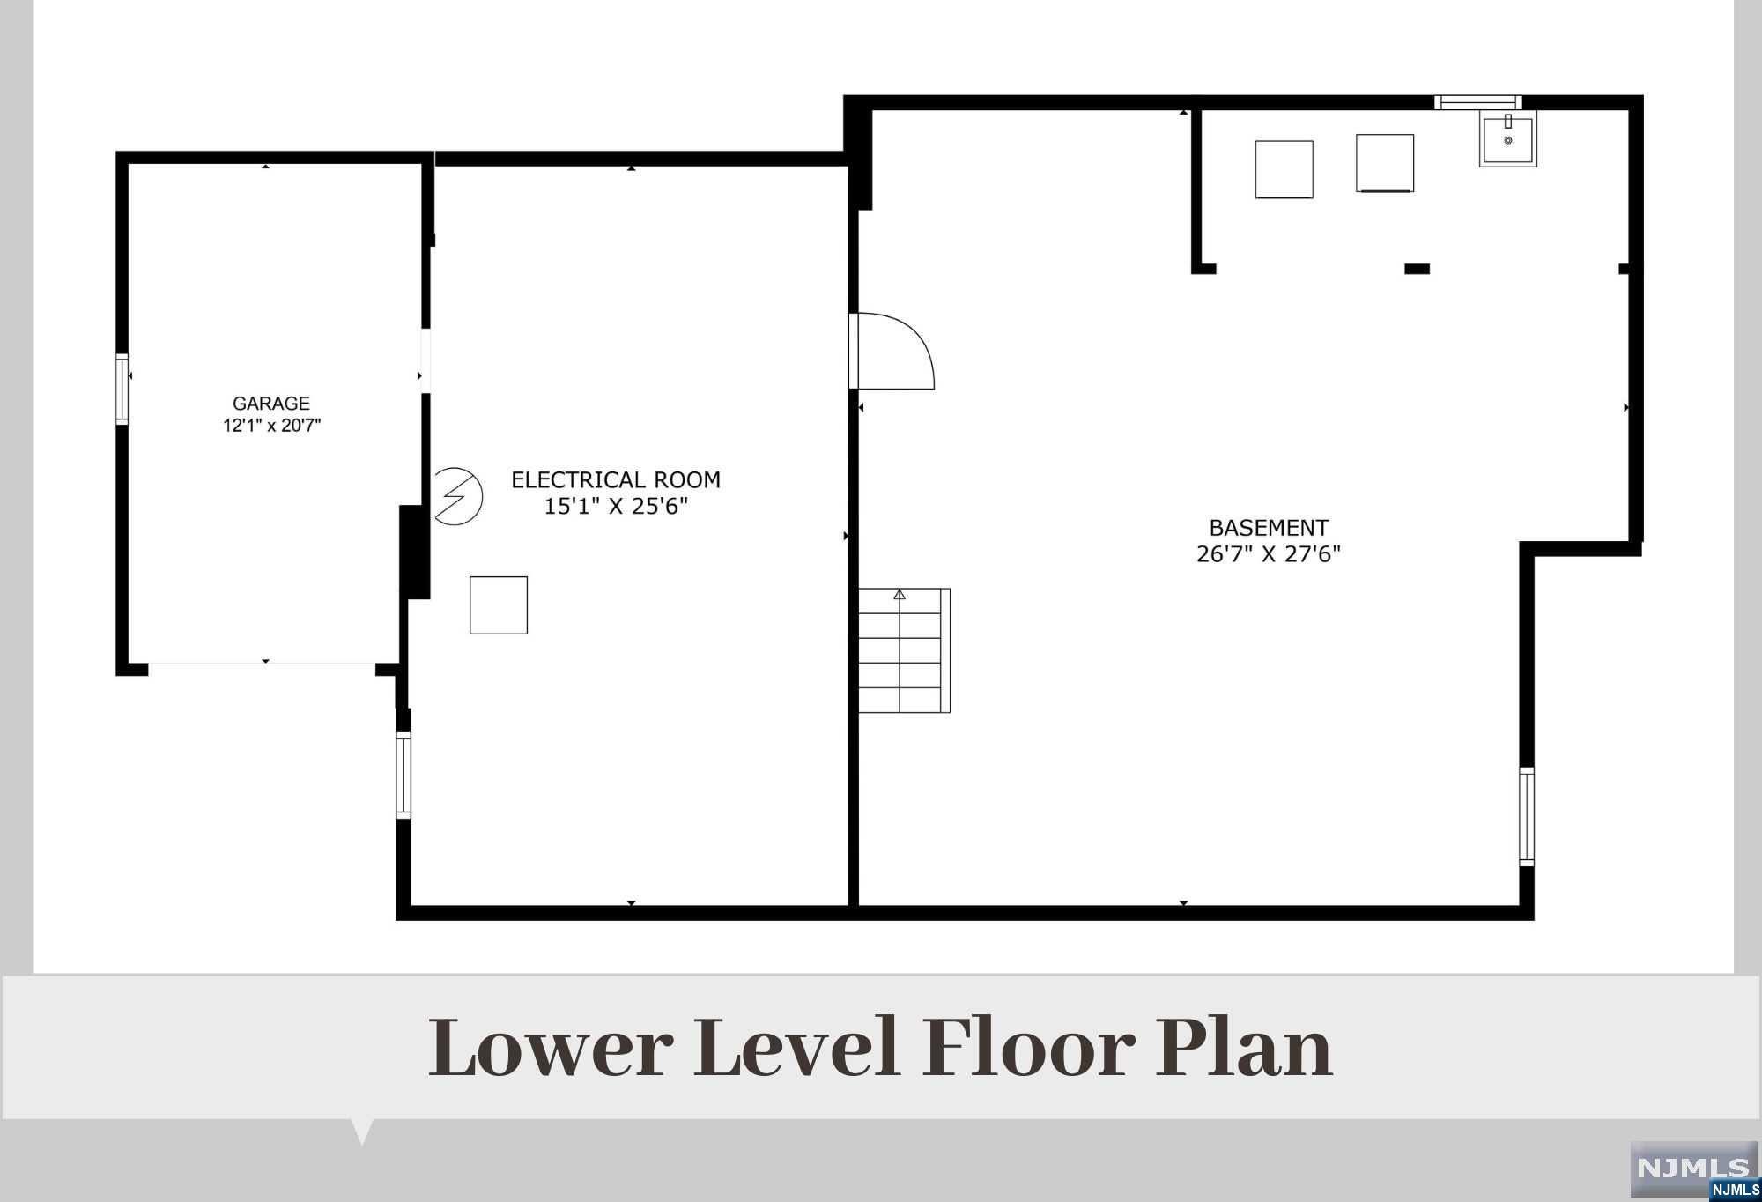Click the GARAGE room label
[270, 404]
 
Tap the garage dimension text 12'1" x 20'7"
[271, 427]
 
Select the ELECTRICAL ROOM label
[616, 480]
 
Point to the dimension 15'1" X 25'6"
[615, 507]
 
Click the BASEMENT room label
[1269, 528]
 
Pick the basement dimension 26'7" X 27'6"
[1269, 554]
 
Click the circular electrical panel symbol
[457, 496]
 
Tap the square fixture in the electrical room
[499, 605]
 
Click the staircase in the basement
[905, 650]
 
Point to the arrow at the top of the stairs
[900, 595]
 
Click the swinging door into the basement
[892, 351]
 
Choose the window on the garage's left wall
[122, 390]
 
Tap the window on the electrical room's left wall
[403, 775]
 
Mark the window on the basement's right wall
[1527, 817]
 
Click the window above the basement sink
[1478, 102]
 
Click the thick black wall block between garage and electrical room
[414, 553]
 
